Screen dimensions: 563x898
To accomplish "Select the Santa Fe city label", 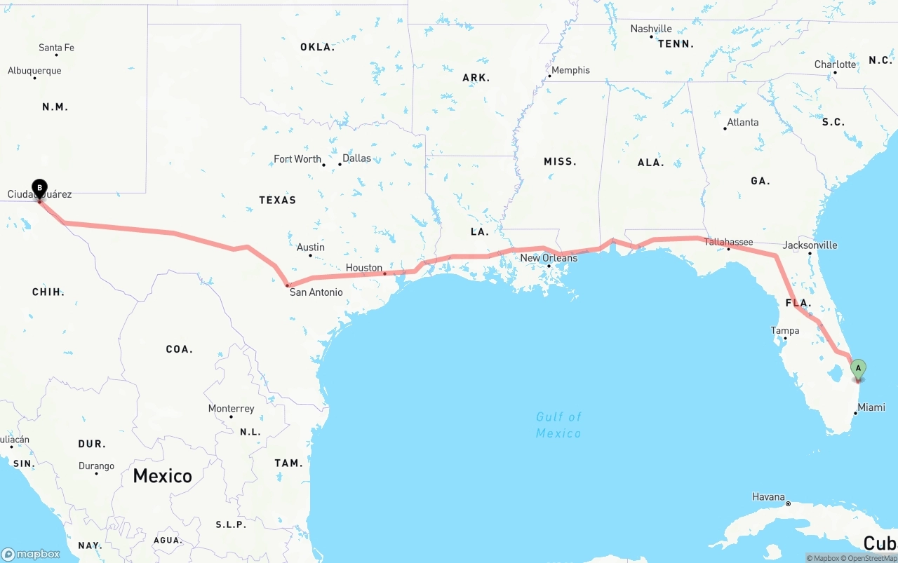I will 56,48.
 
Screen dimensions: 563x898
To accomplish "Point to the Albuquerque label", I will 34,71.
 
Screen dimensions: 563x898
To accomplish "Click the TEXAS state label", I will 277,201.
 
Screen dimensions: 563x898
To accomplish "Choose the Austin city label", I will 310,247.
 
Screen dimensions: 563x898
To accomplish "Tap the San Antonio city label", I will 316,292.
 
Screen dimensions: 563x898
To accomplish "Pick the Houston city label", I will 363,268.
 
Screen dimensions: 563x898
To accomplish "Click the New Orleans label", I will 549,258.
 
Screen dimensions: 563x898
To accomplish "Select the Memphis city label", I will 570,70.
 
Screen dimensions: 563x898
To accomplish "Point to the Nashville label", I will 651,29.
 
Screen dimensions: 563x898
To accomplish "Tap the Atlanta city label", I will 742,122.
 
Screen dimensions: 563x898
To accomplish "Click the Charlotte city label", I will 835,65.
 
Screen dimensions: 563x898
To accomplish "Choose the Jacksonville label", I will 810,245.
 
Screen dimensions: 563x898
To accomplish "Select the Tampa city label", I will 784,331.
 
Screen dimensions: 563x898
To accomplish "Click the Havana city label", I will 768,497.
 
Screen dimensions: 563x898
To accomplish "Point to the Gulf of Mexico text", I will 558,425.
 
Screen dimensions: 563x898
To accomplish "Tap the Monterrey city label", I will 231,409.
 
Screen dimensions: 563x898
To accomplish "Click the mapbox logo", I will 31,554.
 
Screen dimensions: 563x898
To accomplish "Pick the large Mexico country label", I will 162,476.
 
